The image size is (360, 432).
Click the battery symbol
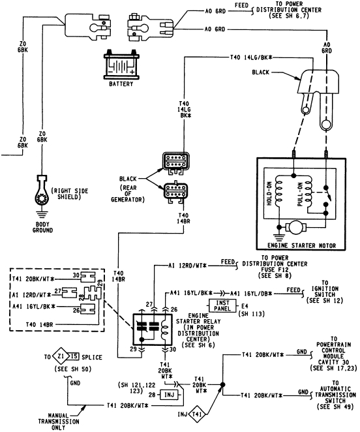(122, 65)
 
